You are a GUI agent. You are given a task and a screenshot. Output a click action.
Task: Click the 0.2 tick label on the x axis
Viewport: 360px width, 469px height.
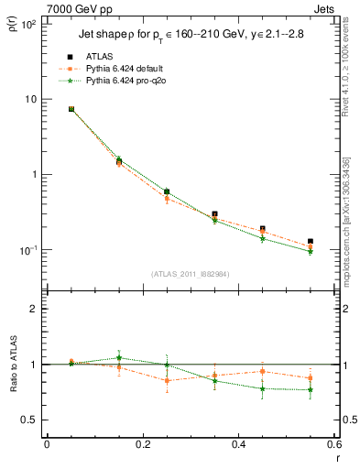coord(142,444)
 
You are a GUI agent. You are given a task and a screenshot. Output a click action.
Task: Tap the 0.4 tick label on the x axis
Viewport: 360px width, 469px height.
coord(238,444)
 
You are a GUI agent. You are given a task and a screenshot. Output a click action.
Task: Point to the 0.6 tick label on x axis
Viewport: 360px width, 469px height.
coord(333,444)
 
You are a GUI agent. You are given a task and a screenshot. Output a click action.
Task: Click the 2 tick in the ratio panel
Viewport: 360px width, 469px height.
coord(35,309)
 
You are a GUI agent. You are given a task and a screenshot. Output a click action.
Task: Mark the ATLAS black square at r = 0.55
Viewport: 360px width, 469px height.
coord(311,241)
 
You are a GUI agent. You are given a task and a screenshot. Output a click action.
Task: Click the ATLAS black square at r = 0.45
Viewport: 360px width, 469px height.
coord(263,228)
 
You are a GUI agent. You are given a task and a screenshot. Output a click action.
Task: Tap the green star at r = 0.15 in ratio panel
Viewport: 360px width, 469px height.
coord(119,357)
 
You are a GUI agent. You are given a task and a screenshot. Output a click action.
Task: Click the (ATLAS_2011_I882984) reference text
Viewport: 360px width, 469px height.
coord(190,274)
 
